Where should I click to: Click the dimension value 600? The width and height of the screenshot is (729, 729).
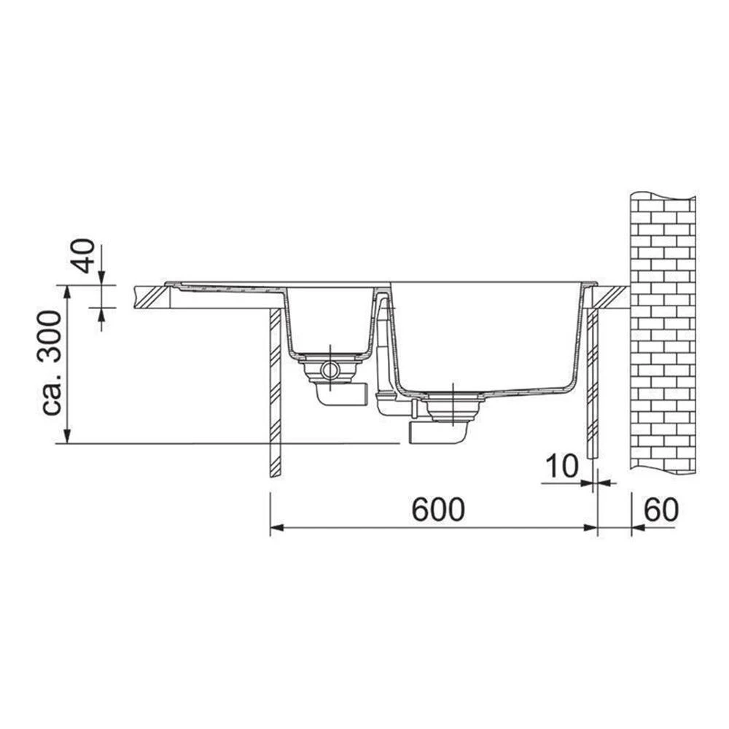coord(438,509)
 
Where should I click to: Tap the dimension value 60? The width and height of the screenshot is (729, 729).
coord(660,509)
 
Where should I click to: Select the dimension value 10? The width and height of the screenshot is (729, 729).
coord(561,466)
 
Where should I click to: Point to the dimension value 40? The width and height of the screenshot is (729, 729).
coord(85,256)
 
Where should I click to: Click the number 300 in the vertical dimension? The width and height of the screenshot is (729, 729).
coord(49,338)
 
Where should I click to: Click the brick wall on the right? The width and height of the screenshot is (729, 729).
coord(663,332)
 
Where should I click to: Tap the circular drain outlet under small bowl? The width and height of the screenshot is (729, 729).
coord(330,370)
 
